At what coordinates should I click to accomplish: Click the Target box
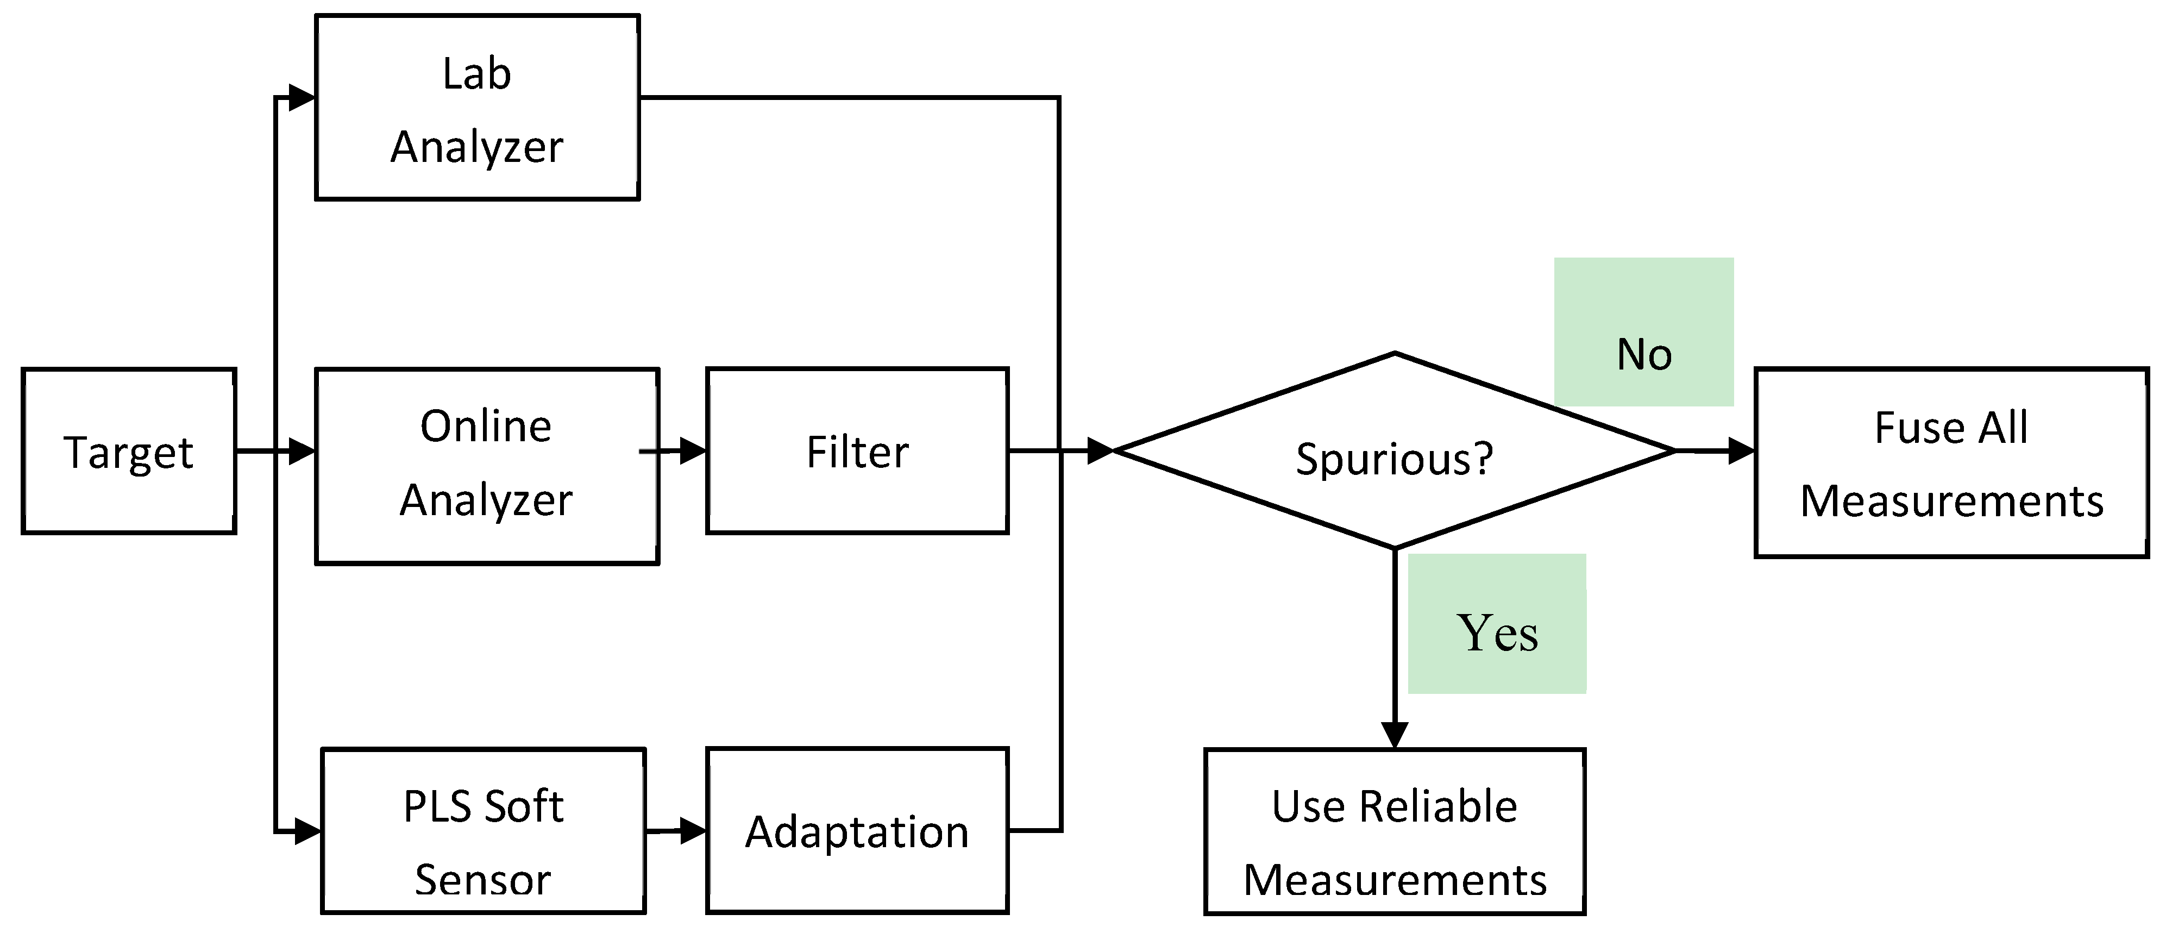click(128, 452)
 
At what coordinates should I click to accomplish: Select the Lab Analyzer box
click(477, 108)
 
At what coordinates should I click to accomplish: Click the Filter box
click(857, 452)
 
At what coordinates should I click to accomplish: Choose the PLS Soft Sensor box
click(483, 831)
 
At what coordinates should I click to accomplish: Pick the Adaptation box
click(857, 831)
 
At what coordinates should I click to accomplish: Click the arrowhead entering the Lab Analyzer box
click(302, 98)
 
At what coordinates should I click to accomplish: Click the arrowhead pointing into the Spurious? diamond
click(1100, 452)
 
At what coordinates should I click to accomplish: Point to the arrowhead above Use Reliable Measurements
click(1395, 734)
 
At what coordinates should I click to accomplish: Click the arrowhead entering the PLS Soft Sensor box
click(307, 831)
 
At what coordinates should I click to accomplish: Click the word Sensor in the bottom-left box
click(483, 879)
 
